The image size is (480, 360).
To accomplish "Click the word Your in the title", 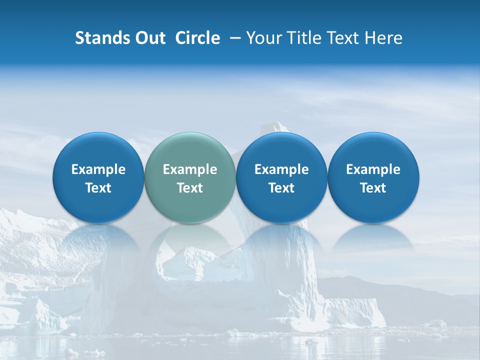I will pos(263,38).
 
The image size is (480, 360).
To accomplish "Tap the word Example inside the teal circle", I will pos(190,169).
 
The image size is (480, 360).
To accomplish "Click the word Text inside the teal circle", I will pos(190,188).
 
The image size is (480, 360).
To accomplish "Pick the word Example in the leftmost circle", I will pos(98,169).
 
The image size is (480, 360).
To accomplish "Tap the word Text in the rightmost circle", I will pos(373,188).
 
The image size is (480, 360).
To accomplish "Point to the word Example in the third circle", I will pos(281,169).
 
